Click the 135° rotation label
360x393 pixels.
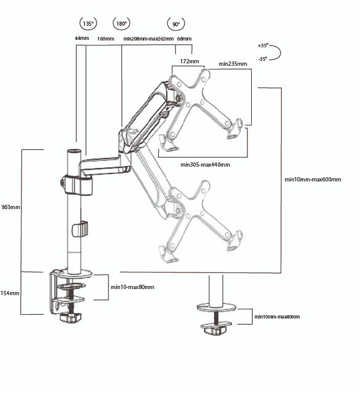(x=88, y=24)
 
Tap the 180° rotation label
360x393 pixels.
(x=122, y=24)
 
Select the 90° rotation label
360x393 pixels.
(x=176, y=25)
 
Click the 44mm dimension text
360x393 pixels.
(x=82, y=38)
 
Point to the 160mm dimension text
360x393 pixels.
(x=106, y=39)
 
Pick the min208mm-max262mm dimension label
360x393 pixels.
(x=148, y=39)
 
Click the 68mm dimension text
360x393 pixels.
(x=184, y=39)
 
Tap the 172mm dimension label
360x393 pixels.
(x=190, y=62)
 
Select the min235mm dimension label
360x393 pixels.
(x=233, y=64)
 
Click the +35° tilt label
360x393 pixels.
(x=263, y=46)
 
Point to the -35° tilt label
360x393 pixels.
(x=263, y=59)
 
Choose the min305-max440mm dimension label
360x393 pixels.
(x=205, y=165)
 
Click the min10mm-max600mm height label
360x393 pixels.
(x=313, y=180)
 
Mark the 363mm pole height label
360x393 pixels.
(x=10, y=207)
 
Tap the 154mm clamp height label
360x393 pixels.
(x=10, y=293)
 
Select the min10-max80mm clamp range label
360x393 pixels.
(x=132, y=287)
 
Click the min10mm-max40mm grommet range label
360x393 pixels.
(x=277, y=317)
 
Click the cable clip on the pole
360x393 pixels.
(x=80, y=229)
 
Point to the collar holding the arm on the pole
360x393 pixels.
(x=77, y=185)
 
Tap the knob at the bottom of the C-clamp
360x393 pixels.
(x=71, y=317)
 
